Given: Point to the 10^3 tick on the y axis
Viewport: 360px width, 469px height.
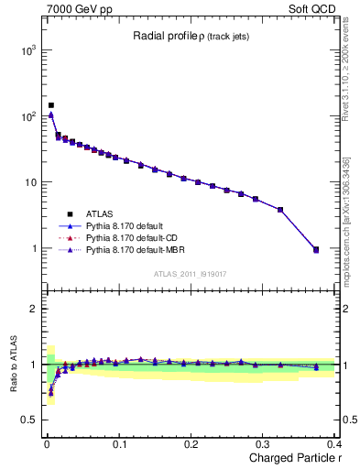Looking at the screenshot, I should click(x=27, y=50).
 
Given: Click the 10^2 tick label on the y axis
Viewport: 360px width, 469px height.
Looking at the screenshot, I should click(x=27, y=116).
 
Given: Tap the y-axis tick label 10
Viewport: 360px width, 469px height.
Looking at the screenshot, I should click(x=29, y=182).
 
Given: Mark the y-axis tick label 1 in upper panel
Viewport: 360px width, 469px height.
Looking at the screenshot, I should click(x=33, y=248).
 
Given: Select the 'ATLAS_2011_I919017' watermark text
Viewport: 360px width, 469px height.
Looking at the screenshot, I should click(x=191, y=273).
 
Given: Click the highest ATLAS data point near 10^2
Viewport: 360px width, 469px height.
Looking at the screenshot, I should click(x=51, y=105).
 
